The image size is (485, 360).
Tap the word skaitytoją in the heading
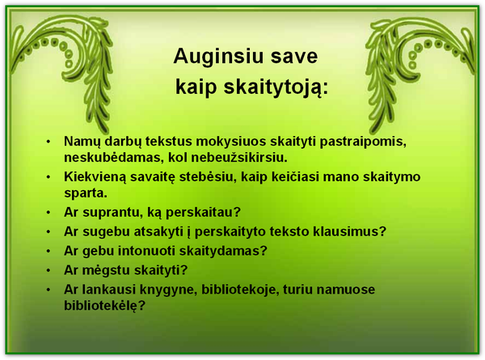[x=274, y=87]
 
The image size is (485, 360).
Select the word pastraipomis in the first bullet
[x=363, y=142]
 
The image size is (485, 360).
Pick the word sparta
[x=86, y=194]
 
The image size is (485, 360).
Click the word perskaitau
[x=203, y=213]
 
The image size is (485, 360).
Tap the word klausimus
[x=349, y=231]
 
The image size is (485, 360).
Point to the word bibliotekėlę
[x=104, y=306]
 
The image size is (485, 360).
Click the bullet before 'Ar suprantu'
[x=48, y=213]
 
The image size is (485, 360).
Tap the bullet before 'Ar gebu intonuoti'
[x=48, y=251]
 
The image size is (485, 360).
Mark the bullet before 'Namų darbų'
[x=48, y=142]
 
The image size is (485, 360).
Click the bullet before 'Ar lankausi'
[x=48, y=290]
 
